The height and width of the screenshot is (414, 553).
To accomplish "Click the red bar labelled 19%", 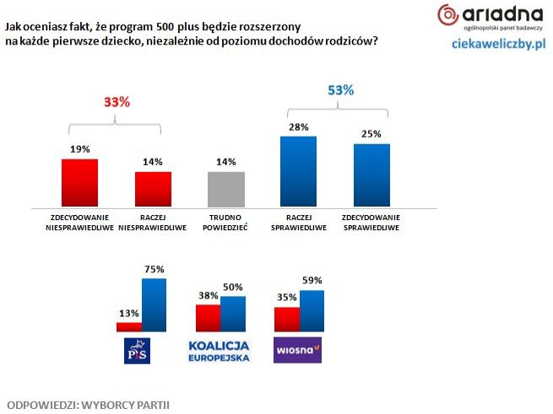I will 81,183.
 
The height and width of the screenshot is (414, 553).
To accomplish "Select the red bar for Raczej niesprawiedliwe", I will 154,189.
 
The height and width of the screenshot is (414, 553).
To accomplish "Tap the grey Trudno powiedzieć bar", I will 226,189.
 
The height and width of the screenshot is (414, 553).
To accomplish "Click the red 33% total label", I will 117,102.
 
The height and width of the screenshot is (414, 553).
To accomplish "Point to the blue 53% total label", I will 335,90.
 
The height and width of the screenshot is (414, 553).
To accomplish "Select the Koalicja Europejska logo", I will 220,351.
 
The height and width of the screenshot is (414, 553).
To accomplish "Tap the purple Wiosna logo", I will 298,349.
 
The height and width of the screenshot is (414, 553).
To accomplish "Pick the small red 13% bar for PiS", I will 129,327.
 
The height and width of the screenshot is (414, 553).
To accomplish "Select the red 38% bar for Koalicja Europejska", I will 208,319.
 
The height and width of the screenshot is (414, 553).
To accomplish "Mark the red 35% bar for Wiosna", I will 287,320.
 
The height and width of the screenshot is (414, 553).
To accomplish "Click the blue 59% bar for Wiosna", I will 312,311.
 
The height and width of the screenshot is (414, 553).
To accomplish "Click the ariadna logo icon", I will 448,14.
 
